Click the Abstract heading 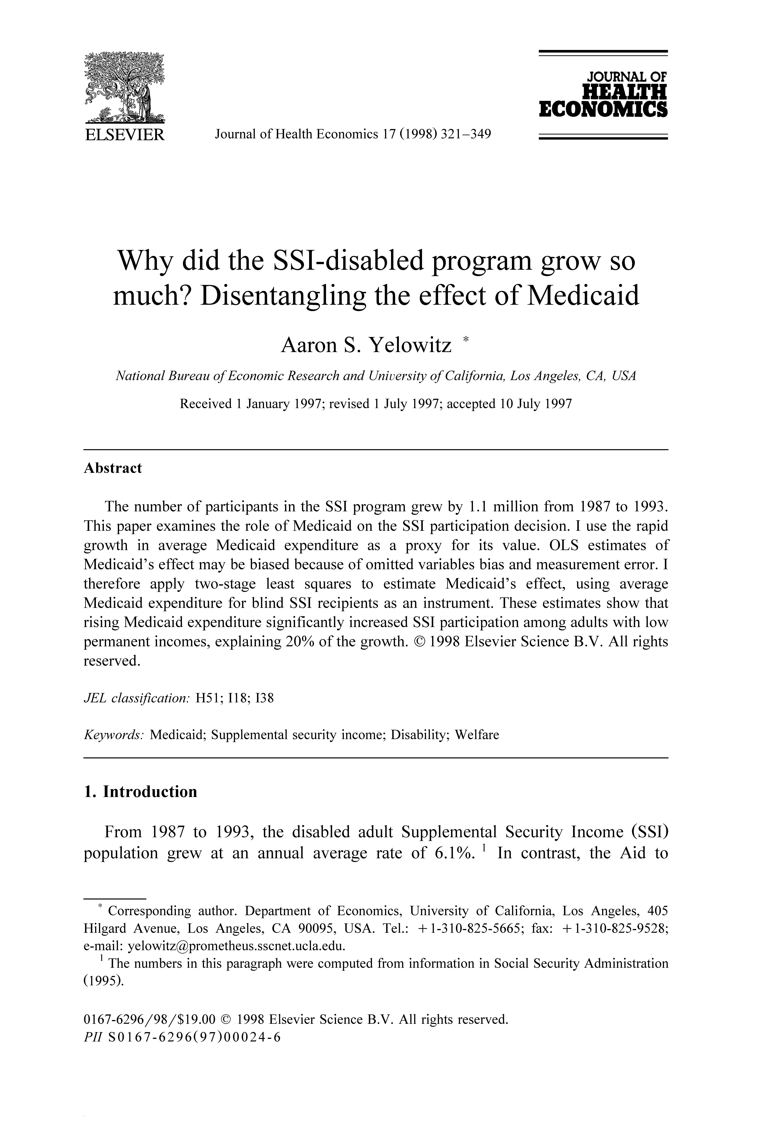(x=113, y=468)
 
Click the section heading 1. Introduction (x=141, y=792)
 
